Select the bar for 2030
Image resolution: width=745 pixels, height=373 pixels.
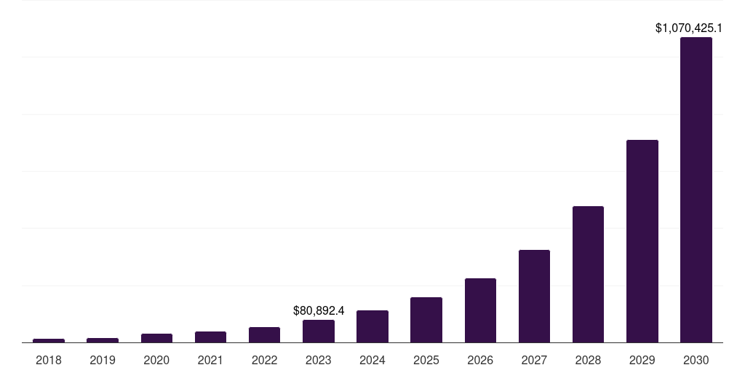(696, 189)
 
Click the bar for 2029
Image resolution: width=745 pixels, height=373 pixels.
(642, 240)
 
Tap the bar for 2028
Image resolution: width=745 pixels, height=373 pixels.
(588, 274)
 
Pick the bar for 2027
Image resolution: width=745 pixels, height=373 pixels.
(534, 296)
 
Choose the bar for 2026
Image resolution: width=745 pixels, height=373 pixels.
(480, 310)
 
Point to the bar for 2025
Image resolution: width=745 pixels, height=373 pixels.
(426, 319)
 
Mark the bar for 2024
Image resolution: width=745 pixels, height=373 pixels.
(372, 326)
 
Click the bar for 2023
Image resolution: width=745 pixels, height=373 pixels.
(319, 331)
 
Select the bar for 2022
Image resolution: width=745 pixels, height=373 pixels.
(264, 334)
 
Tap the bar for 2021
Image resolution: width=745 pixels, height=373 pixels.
(210, 337)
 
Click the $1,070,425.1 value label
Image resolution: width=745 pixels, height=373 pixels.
(688, 28)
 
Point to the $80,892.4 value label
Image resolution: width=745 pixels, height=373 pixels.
(319, 310)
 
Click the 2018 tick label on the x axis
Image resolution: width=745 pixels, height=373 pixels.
(49, 360)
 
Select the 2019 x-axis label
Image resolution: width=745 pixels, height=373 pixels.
(103, 360)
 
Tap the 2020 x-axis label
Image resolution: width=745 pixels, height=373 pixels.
(156, 360)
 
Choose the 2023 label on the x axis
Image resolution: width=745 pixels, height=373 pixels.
(319, 360)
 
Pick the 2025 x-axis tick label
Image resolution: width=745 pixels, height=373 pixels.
(426, 360)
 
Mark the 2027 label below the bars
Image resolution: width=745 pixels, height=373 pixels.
(534, 360)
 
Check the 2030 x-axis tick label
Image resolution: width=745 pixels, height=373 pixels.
(696, 360)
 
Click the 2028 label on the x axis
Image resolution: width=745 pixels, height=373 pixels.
(588, 360)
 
